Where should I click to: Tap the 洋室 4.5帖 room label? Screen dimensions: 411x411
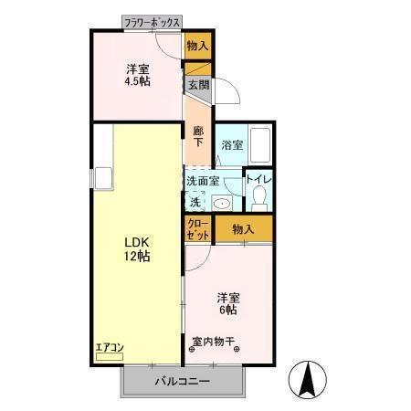139,74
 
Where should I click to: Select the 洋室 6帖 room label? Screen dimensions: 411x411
227,303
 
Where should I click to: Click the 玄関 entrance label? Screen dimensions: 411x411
198,84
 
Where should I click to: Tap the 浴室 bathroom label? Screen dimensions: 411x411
232,144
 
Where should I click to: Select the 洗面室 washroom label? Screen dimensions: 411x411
202,180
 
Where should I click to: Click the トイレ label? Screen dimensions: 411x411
258,179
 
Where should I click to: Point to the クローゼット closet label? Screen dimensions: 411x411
197,230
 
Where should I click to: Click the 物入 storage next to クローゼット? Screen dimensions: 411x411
242,229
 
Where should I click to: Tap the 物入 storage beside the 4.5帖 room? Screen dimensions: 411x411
197,46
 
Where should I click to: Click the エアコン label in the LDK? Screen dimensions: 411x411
107,347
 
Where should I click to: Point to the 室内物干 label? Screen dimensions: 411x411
213,342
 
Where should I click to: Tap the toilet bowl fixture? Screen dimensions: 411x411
259,196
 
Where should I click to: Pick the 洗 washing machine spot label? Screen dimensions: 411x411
195,202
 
